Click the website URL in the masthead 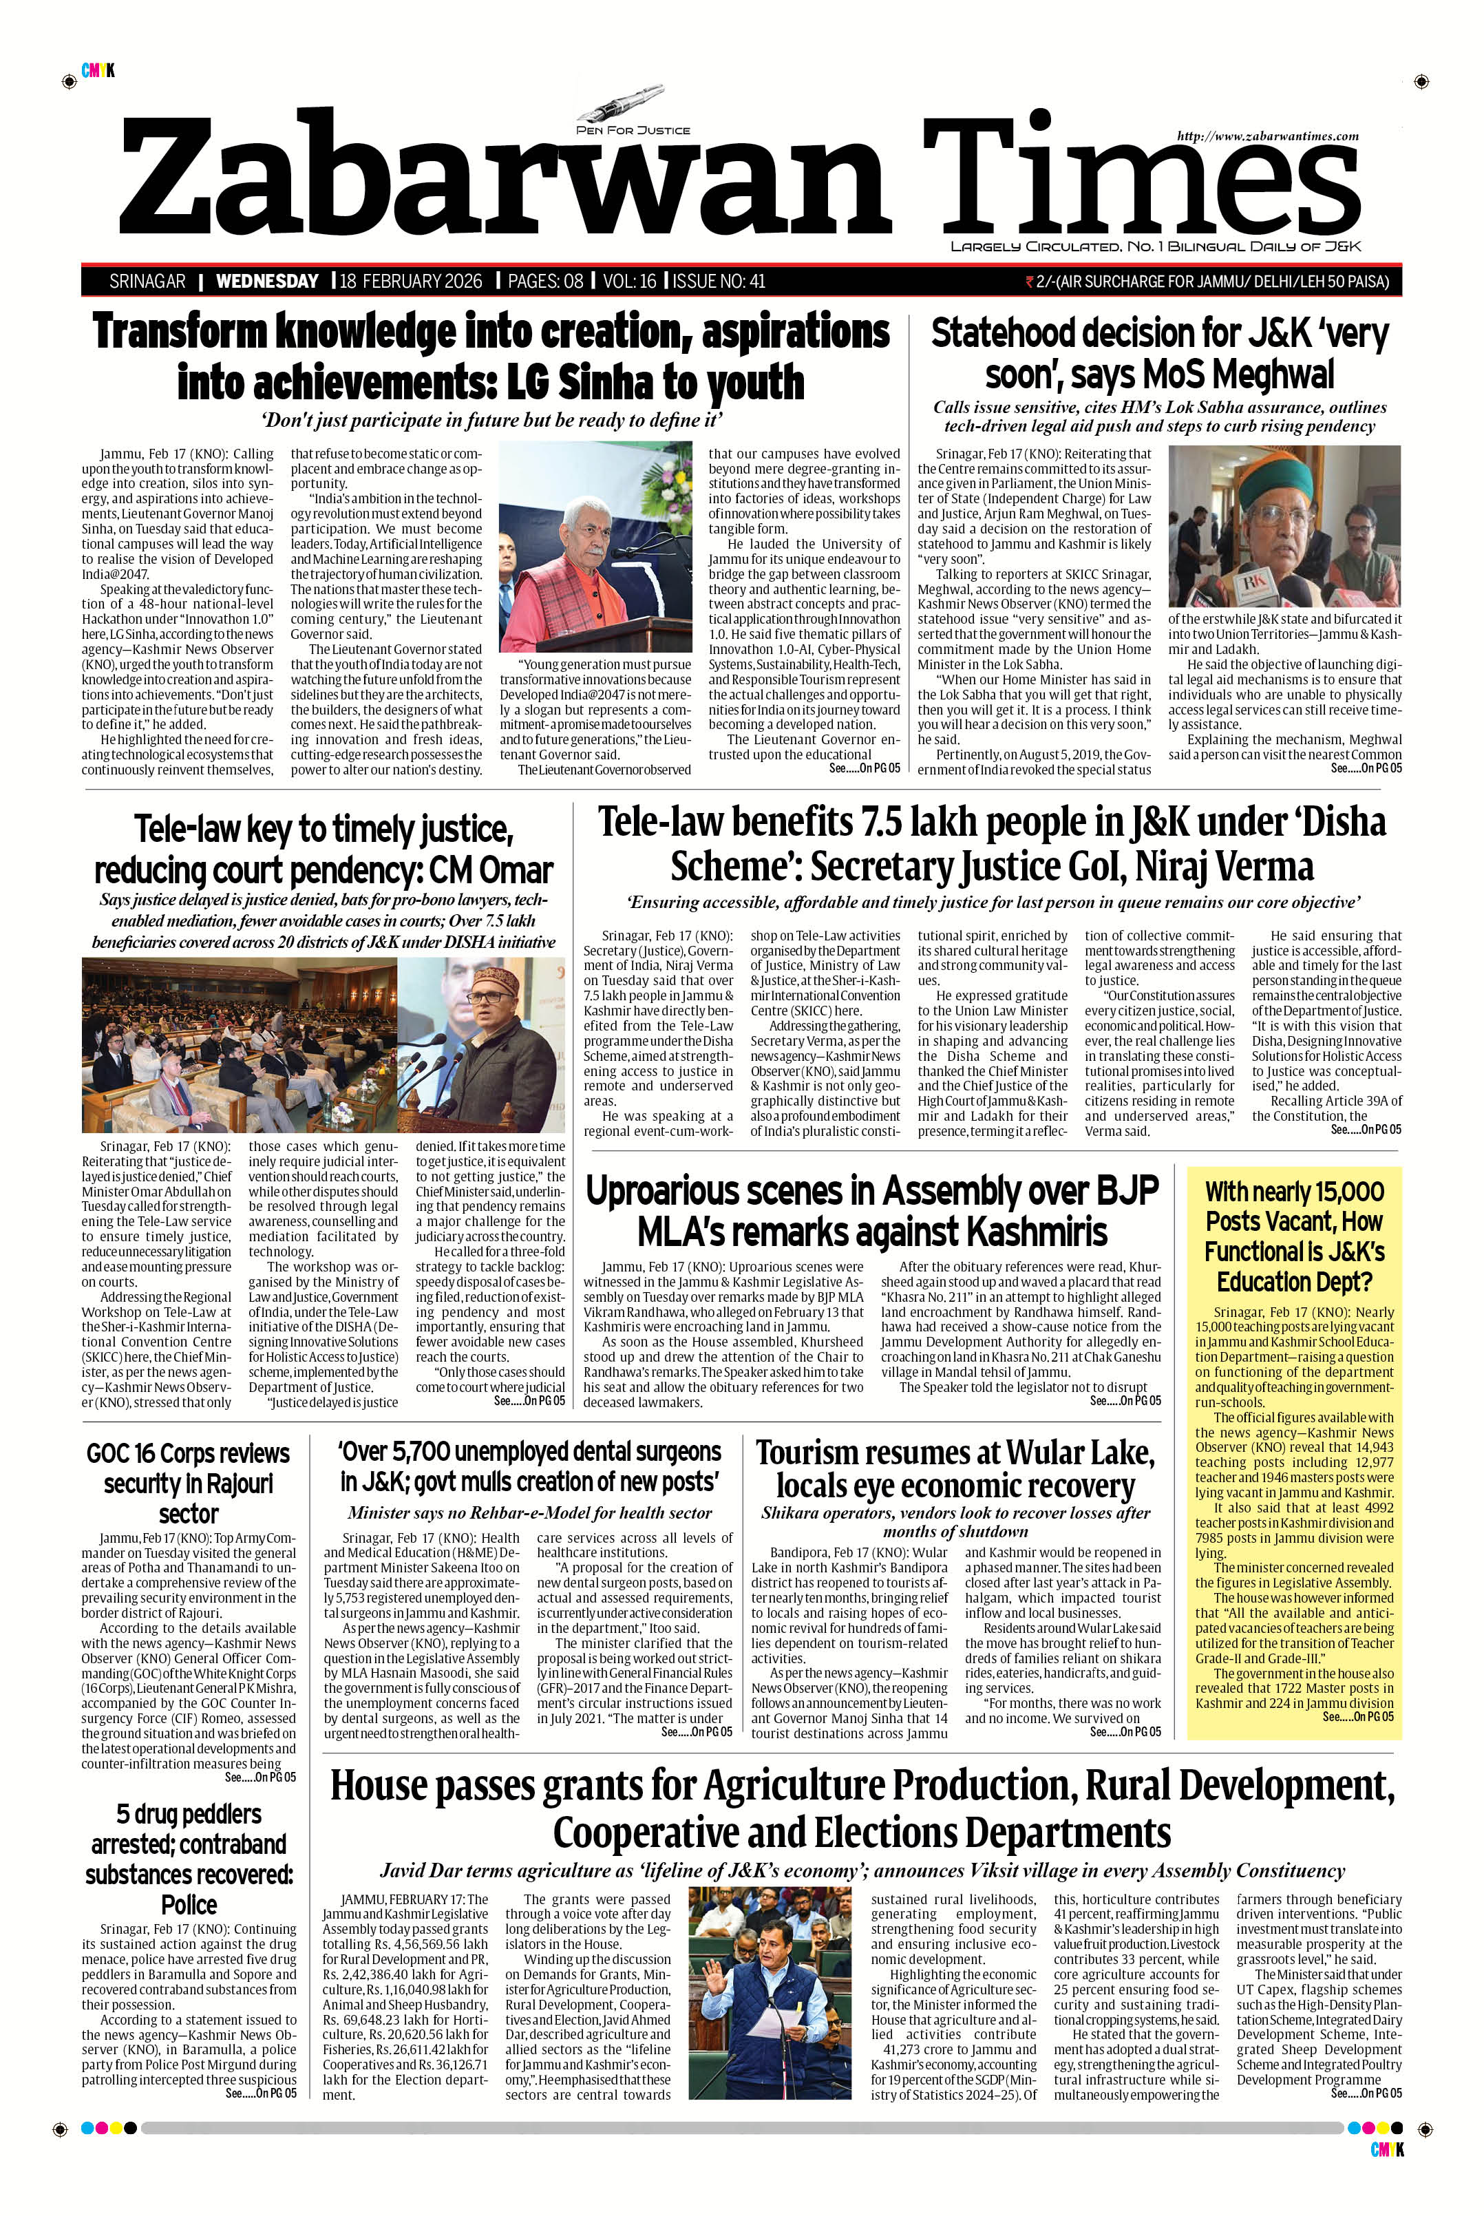(x=1267, y=136)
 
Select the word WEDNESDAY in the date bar (x=267, y=281)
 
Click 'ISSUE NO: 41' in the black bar (x=719, y=281)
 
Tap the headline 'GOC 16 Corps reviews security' (x=189, y=1482)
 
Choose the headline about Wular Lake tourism (x=955, y=1468)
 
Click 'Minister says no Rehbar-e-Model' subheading (x=529, y=1512)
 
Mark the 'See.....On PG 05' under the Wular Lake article (x=1125, y=1731)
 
